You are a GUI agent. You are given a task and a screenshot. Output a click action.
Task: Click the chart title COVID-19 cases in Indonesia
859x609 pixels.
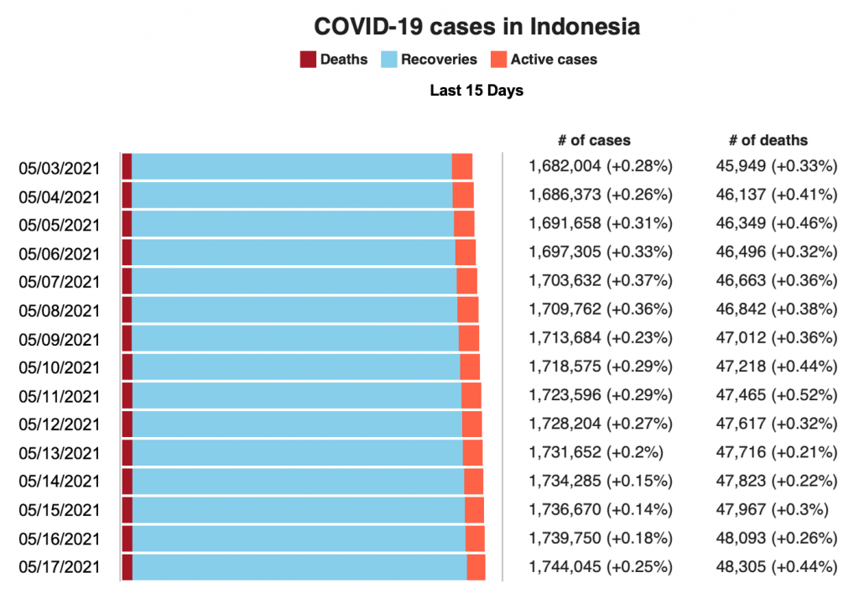(x=476, y=27)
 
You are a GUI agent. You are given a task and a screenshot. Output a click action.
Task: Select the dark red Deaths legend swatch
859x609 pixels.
(x=308, y=60)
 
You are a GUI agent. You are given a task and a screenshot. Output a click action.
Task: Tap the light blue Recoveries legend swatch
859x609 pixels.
(x=389, y=60)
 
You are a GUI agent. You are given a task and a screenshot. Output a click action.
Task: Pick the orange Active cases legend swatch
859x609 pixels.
(x=498, y=60)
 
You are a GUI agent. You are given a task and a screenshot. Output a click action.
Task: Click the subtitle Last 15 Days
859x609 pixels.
(x=476, y=91)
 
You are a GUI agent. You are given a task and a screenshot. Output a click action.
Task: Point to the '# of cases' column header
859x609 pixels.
(x=594, y=140)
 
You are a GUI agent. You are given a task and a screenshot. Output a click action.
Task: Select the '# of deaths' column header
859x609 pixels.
(x=768, y=140)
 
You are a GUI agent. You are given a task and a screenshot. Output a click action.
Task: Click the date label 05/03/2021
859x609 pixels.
(x=59, y=169)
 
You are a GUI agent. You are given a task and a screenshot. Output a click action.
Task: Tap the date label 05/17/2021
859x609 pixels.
(x=59, y=567)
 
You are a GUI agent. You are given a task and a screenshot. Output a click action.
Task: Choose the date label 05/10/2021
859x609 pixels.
(x=59, y=367)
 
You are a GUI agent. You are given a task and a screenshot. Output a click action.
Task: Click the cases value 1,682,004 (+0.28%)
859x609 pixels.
(x=601, y=165)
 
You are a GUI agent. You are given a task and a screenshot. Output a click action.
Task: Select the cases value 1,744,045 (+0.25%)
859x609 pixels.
(x=601, y=566)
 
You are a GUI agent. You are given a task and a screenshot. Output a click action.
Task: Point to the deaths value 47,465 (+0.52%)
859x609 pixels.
(x=776, y=394)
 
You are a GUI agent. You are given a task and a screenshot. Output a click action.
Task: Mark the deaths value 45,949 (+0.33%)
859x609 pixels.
(x=776, y=165)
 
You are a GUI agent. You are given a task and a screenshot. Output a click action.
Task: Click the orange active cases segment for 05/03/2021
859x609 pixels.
(x=462, y=166)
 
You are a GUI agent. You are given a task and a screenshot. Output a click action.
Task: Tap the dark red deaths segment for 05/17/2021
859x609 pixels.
(x=127, y=566)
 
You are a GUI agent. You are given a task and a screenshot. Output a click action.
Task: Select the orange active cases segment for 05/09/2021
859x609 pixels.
(x=469, y=337)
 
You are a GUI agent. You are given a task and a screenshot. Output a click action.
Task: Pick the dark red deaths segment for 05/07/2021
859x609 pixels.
(x=127, y=280)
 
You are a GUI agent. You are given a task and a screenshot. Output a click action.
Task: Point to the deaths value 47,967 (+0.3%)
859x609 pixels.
(x=772, y=508)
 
